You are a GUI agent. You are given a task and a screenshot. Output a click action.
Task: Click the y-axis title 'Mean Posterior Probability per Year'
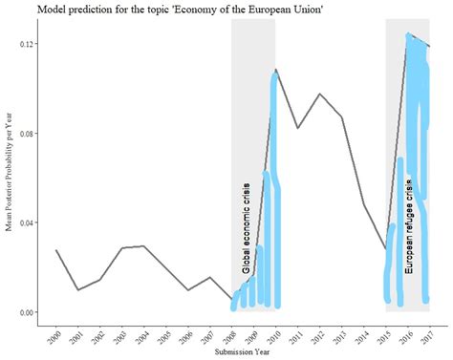(10, 177)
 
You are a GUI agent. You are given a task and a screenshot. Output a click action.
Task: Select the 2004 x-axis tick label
(141, 336)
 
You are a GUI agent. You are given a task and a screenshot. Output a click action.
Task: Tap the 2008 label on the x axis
(229, 336)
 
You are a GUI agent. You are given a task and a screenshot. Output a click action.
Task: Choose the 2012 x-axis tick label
(317, 336)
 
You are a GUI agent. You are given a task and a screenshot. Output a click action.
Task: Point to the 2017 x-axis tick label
(427, 336)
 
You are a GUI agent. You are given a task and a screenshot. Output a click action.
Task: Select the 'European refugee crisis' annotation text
(409, 229)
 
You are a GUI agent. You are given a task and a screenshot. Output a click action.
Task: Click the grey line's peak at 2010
(276, 70)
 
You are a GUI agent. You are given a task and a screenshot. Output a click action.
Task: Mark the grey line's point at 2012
(320, 95)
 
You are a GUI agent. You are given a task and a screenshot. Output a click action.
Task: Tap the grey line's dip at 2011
(298, 128)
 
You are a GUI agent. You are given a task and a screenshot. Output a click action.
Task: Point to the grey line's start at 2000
(56, 250)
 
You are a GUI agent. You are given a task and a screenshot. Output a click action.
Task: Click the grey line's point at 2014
(364, 204)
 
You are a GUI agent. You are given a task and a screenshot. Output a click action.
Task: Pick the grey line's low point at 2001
(78, 289)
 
